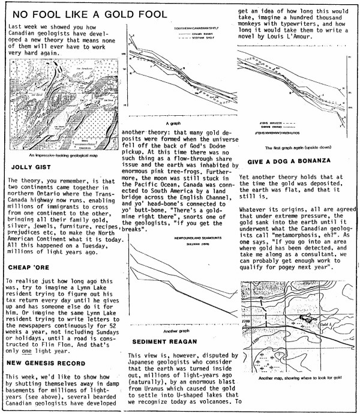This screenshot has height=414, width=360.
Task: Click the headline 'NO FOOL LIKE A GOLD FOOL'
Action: (x=98, y=14)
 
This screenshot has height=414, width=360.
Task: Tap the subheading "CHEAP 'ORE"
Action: (x=30, y=251)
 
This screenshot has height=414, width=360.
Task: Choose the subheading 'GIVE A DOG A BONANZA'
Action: (x=291, y=163)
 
